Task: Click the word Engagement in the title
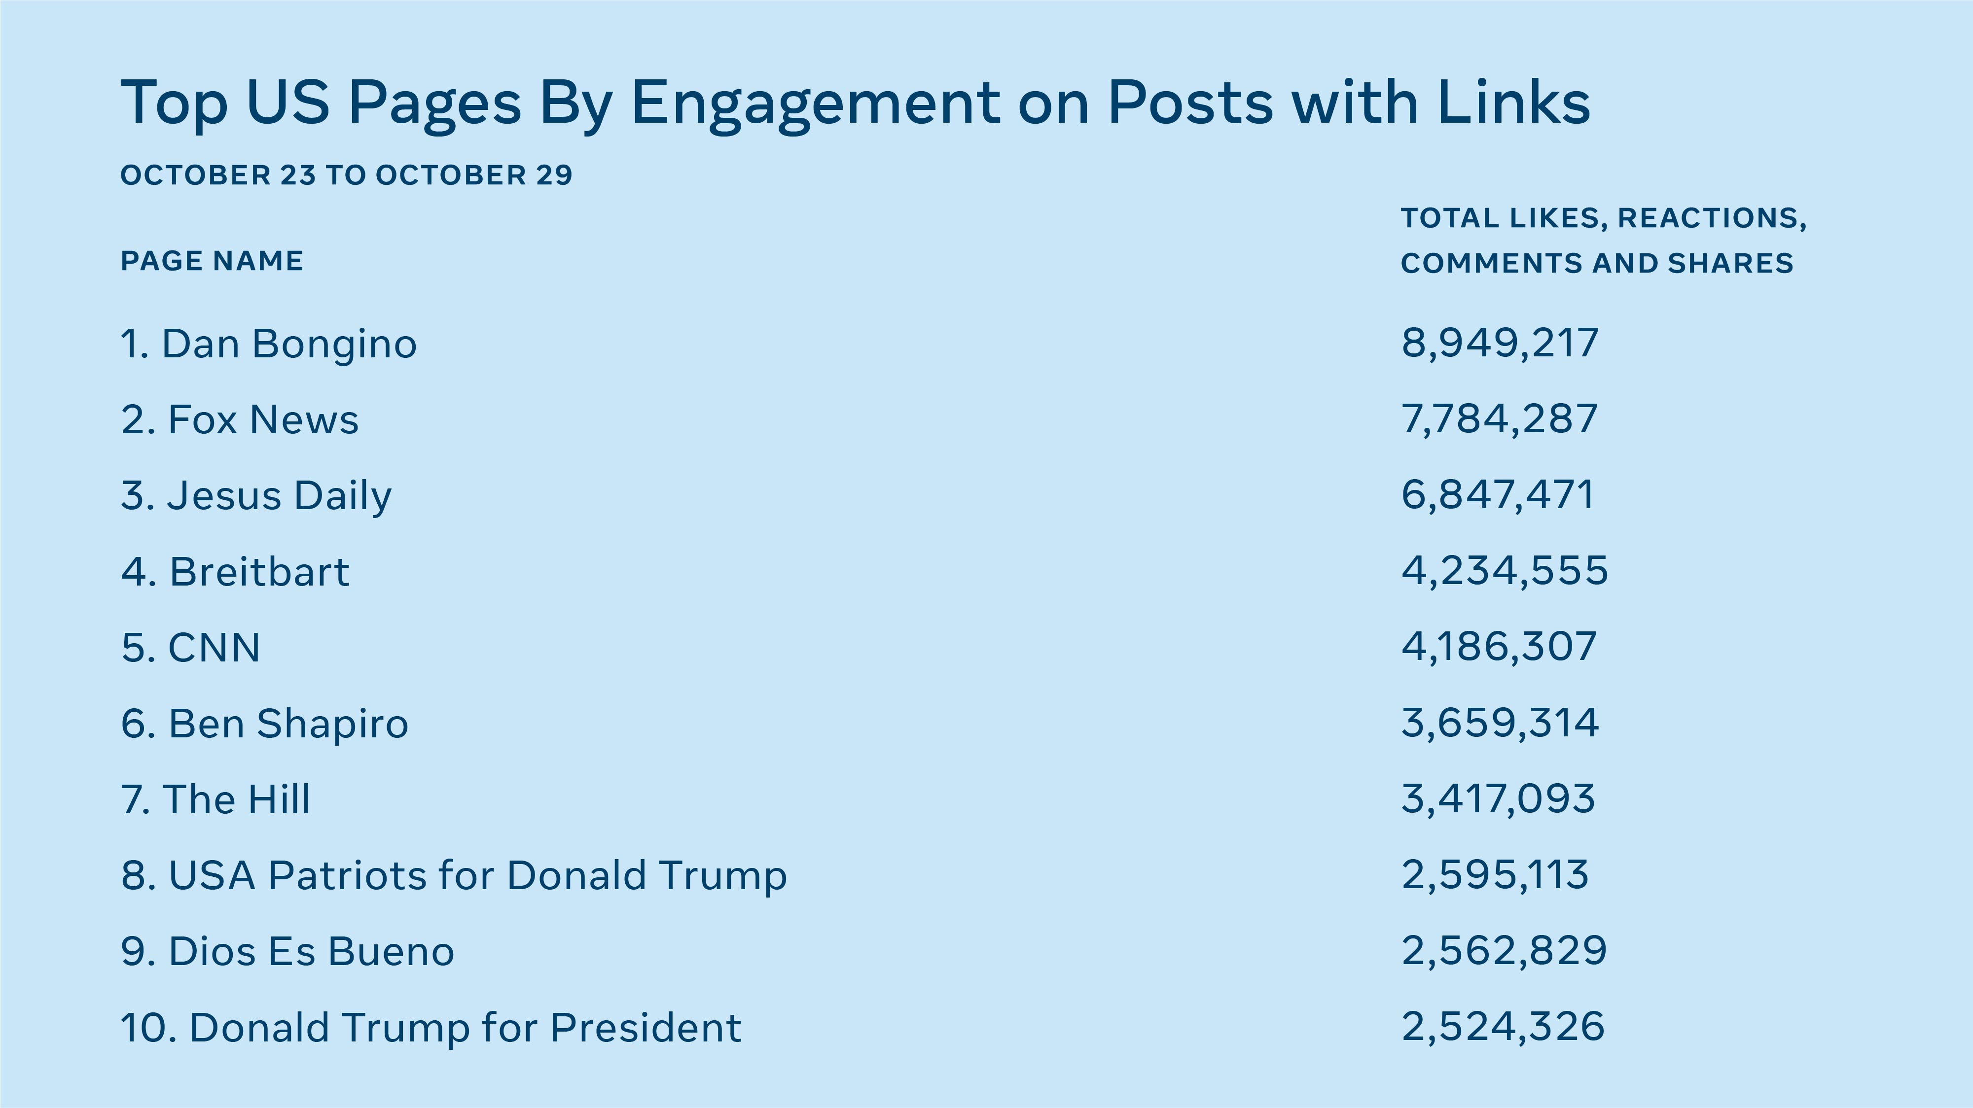[x=815, y=104]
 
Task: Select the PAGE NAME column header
[x=212, y=261]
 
